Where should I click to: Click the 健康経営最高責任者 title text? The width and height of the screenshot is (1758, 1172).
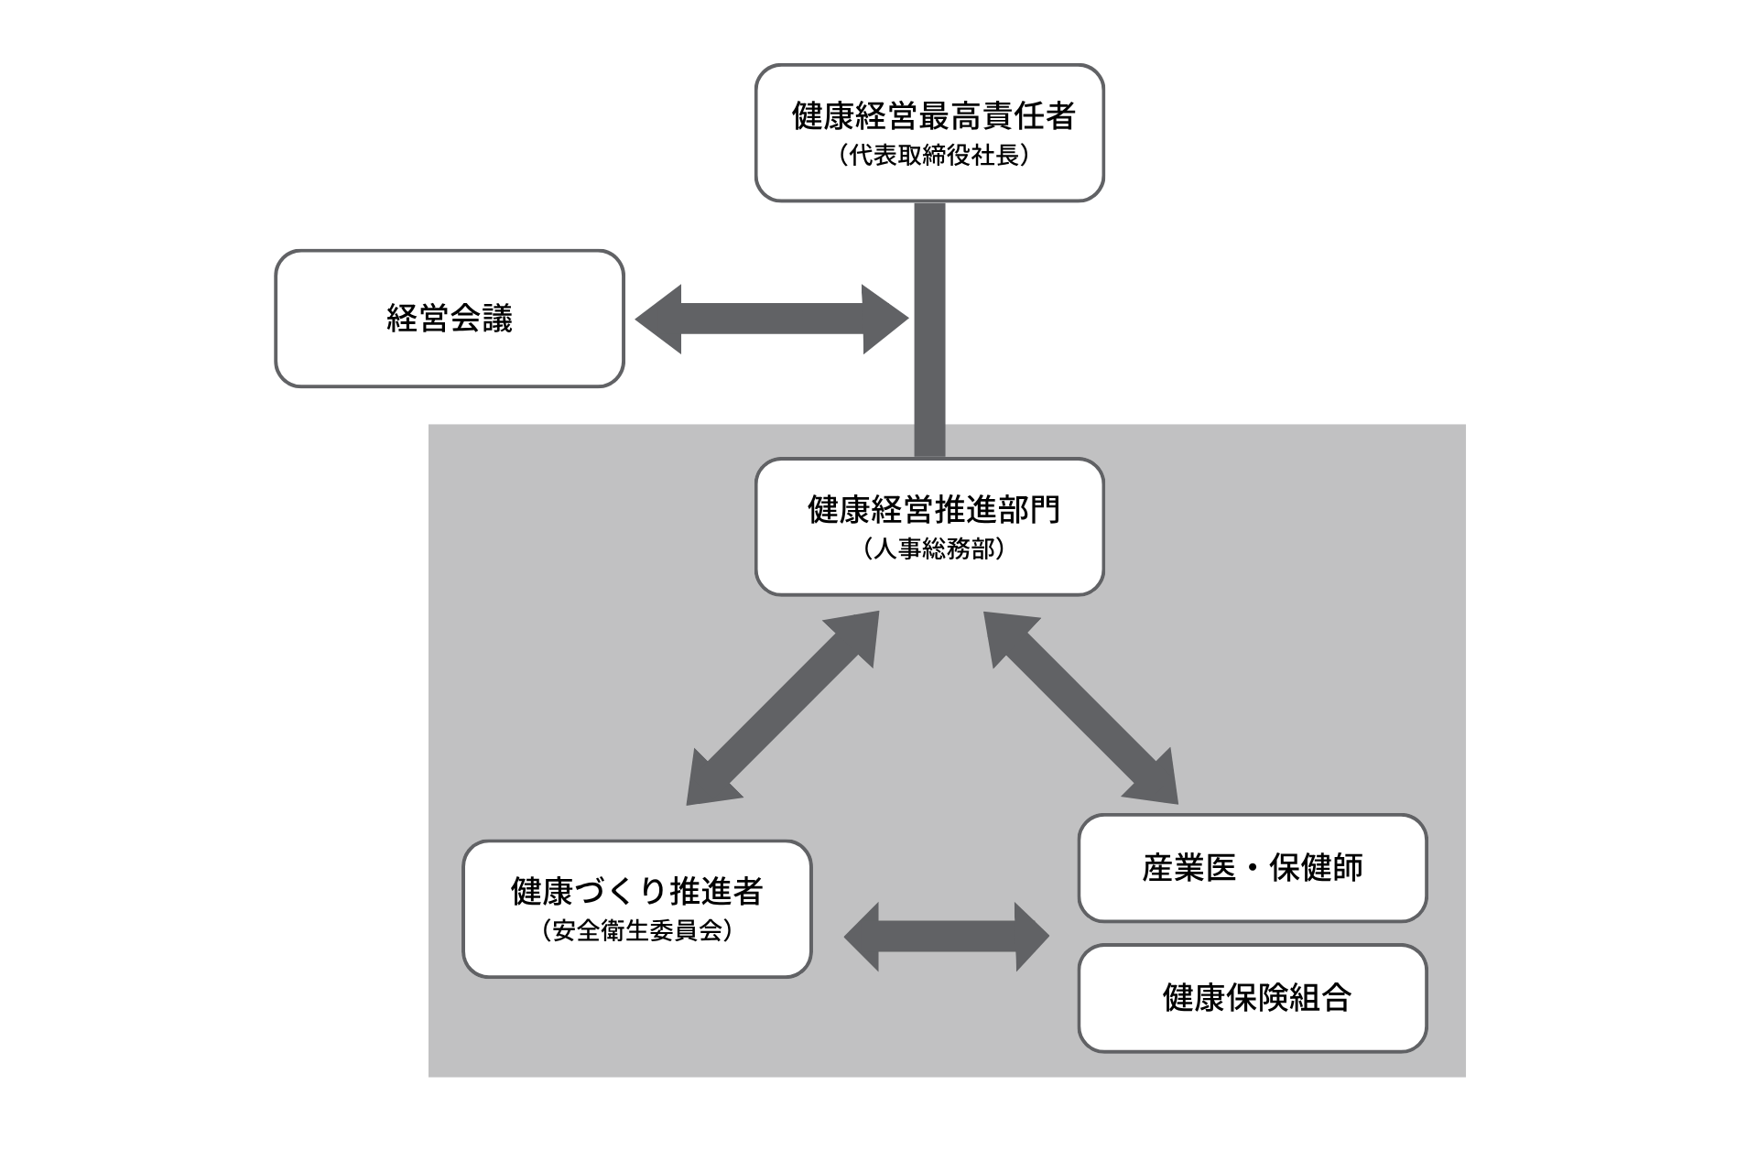[933, 116]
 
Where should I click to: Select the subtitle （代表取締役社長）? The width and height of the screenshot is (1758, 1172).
[933, 156]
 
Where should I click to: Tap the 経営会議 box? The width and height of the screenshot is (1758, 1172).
[450, 319]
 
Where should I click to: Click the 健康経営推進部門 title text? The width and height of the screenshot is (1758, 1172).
[933, 510]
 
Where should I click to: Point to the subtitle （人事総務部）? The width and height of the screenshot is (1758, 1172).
[933, 549]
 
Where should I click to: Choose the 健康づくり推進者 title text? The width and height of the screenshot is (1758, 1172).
[636, 891]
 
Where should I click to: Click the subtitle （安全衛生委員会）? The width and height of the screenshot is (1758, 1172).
[636, 931]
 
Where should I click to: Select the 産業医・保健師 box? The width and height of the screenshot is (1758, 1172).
[1252, 868]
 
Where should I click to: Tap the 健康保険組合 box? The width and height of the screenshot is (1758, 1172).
[1252, 998]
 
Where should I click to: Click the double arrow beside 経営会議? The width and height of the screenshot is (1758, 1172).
[771, 319]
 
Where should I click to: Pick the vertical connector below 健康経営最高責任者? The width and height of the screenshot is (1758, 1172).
[929, 330]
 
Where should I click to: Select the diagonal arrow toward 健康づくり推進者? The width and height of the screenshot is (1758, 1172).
[783, 708]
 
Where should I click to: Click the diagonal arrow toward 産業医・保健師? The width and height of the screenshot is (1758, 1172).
[1080, 708]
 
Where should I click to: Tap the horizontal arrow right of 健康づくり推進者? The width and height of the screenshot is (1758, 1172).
[946, 936]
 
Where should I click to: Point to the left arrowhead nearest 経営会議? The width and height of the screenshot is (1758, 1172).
[659, 319]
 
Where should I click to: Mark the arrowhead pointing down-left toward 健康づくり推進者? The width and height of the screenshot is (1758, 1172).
[708, 784]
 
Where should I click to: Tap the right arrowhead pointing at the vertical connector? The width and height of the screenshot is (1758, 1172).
[884, 319]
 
